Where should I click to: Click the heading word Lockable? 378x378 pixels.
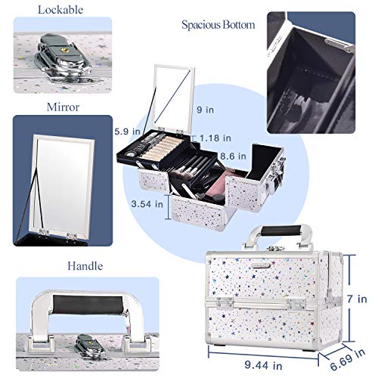click(x=60, y=10)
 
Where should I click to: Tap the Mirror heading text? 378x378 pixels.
click(x=63, y=107)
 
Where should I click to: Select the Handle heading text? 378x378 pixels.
click(x=85, y=266)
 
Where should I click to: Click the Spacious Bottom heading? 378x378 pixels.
click(x=218, y=25)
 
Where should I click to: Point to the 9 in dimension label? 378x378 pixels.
click(x=205, y=110)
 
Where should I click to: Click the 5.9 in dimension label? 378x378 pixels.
click(x=127, y=132)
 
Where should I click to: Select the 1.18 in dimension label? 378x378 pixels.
click(x=215, y=138)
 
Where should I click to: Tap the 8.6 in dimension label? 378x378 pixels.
click(x=234, y=156)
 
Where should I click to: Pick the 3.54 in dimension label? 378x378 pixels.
click(x=147, y=204)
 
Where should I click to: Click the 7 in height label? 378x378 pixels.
click(x=358, y=299)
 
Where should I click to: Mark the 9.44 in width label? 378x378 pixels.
click(x=263, y=365)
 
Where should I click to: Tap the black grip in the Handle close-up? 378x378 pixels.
click(x=88, y=305)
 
